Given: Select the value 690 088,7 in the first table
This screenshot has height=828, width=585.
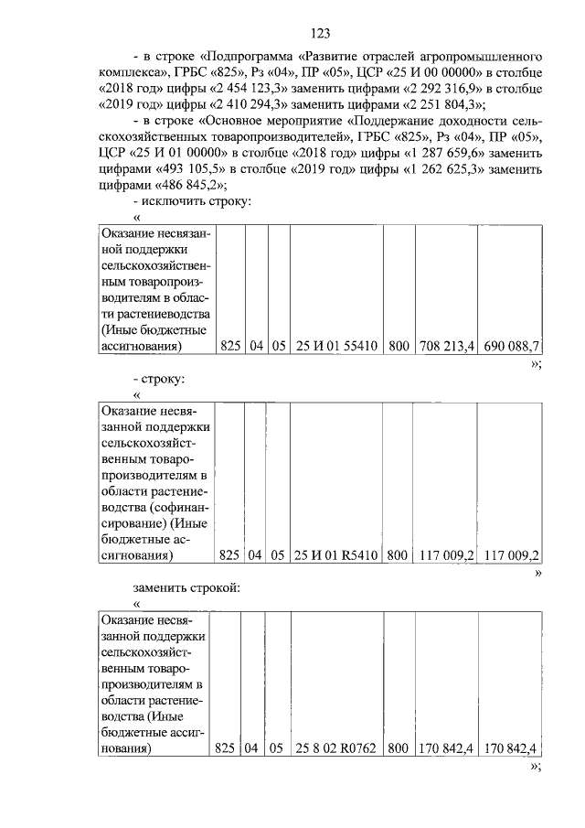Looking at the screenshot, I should click(x=511, y=346).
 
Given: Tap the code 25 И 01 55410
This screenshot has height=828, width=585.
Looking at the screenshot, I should click(x=336, y=346).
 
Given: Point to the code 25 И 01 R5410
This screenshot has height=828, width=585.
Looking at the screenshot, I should click(x=336, y=555).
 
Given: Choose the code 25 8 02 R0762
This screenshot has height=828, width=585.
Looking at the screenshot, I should click(x=336, y=749).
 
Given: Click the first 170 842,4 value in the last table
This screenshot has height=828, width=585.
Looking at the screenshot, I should click(x=445, y=749).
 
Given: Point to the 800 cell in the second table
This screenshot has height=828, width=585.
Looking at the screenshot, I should click(x=397, y=555).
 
